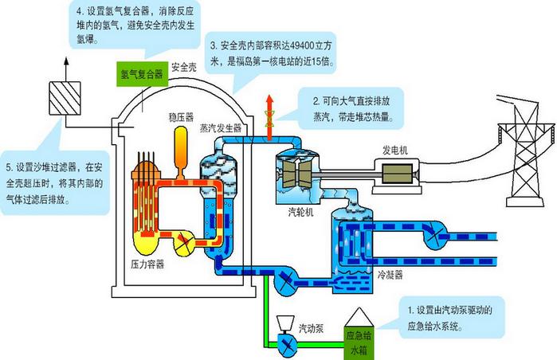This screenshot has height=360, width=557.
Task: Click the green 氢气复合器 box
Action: [x=141, y=73]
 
